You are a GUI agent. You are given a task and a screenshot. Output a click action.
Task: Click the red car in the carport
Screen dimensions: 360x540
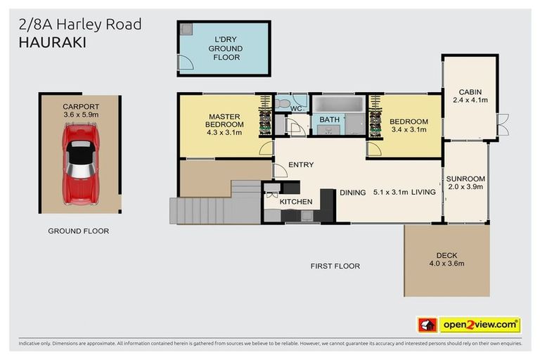coord(80,161)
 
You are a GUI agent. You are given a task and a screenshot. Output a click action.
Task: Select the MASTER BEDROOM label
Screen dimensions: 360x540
coord(224,124)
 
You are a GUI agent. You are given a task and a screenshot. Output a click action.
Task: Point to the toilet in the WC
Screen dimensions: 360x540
coord(282,103)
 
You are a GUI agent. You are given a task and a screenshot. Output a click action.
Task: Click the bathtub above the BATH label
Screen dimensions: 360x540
coord(338,105)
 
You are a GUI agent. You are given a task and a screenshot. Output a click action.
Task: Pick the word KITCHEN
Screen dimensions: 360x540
coord(296,202)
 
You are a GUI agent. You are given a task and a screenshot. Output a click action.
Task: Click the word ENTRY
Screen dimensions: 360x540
coord(301,165)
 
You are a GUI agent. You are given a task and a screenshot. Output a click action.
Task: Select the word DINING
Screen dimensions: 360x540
coord(353,192)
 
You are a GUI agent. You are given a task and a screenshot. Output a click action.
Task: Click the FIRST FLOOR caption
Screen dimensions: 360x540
coord(335,266)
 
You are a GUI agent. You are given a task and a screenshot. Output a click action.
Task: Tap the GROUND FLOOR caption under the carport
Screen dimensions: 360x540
coord(78,231)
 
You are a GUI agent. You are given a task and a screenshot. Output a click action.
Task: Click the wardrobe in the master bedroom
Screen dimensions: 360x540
coord(265,117)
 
